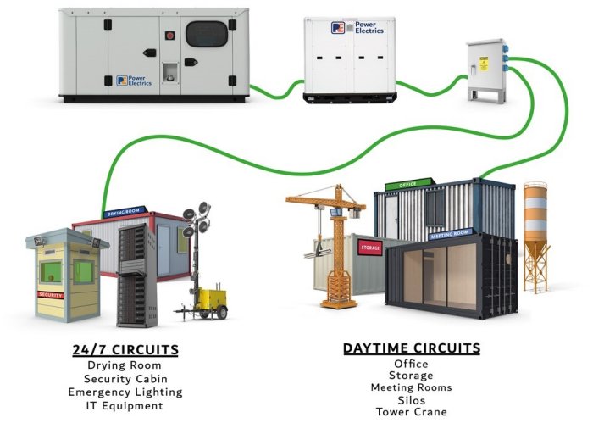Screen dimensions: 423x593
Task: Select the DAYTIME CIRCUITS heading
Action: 412,348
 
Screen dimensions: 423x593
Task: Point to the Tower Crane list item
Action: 412,413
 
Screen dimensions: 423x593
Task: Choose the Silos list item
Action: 412,400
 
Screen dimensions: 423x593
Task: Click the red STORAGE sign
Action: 371,247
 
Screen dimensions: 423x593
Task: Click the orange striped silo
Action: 535,233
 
